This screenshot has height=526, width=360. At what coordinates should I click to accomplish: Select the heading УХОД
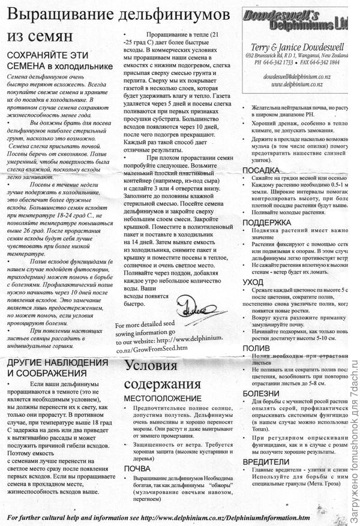(253, 281)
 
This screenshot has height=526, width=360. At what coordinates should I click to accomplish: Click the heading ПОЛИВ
(256, 347)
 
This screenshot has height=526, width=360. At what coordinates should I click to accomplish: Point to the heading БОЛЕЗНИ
(260, 392)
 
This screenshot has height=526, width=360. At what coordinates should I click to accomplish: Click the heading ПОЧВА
(137, 468)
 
